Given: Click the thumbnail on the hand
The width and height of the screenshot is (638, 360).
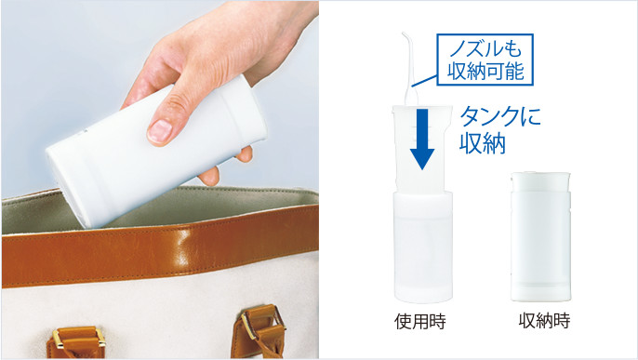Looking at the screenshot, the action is [159, 131].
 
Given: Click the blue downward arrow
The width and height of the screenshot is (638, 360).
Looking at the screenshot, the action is [423, 139].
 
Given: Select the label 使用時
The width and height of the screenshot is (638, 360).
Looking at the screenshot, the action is [420, 321].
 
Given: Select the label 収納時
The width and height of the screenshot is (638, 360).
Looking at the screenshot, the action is [544, 321].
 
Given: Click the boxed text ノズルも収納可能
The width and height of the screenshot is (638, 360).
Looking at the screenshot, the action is [485, 60].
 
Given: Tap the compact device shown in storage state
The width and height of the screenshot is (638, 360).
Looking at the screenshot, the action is [540, 237].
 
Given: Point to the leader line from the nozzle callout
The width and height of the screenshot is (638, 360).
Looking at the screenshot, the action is [424, 80].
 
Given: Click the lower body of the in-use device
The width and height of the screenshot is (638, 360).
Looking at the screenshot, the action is [423, 247].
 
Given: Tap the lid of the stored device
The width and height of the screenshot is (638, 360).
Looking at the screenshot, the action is [540, 181].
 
